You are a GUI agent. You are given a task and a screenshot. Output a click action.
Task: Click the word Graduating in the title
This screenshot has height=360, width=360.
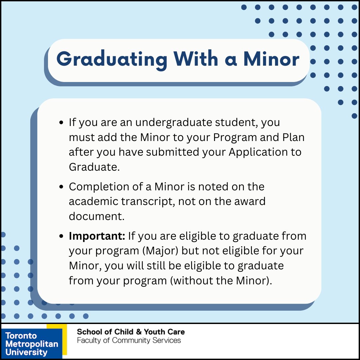click(x=112, y=59)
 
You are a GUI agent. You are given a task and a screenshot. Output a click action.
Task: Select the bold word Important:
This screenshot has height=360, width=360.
click(x=97, y=236)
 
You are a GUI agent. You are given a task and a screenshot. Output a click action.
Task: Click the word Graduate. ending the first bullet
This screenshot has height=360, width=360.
click(x=94, y=167)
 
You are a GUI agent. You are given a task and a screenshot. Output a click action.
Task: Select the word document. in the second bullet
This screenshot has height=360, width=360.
click(x=96, y=216)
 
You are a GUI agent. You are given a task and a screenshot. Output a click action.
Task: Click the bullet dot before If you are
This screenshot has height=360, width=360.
click(x=61, y=122)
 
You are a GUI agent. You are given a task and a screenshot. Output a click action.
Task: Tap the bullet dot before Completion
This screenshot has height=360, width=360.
click(x=61, y=187)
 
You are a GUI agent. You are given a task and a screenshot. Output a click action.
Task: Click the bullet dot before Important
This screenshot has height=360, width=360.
click(x=61, y=236)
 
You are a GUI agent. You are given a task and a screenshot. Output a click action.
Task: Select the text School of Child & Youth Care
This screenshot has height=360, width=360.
click(x=131, y=332)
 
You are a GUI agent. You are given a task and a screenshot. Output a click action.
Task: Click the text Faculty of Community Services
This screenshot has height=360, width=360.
click(x=129, y=340)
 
